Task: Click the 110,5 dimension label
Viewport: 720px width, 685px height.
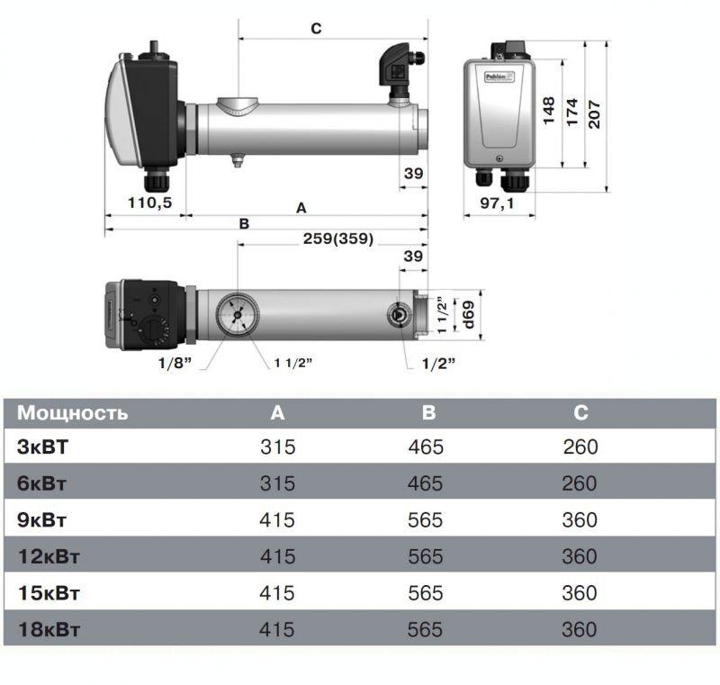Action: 149,202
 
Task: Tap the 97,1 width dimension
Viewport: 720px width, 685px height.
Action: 498,203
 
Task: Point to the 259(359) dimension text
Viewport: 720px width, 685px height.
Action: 338,239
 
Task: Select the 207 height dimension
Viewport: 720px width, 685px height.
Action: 594,113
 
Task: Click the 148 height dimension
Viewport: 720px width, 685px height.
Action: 549,111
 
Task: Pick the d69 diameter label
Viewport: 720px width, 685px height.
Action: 468,315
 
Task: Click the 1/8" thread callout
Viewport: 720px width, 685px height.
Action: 175,363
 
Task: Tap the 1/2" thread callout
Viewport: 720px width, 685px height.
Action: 438,364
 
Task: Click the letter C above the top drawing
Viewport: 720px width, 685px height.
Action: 316,29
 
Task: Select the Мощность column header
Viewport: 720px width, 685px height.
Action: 72,412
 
